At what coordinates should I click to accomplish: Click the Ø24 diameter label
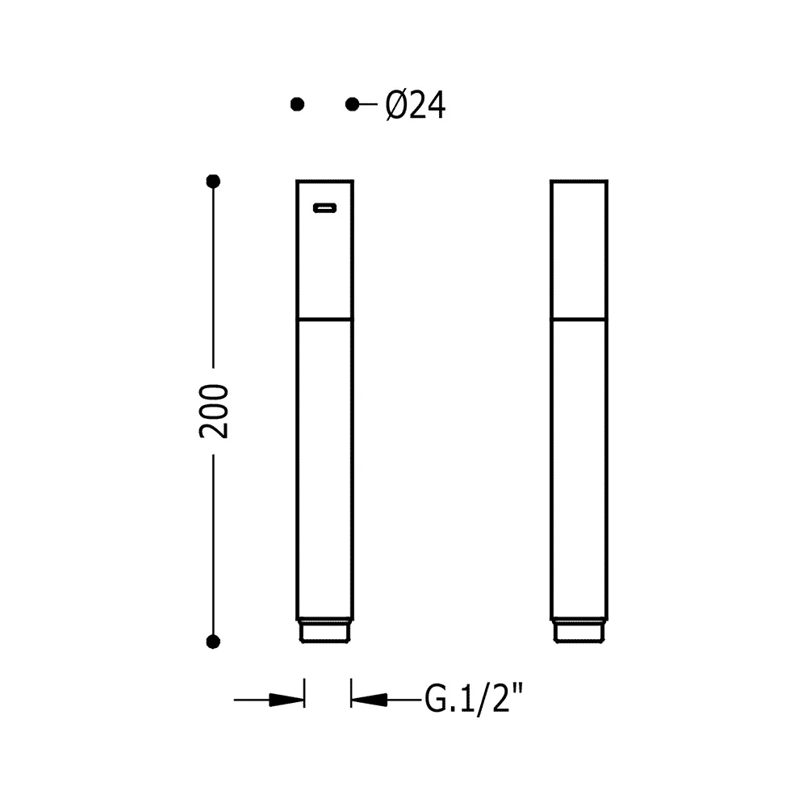coord(416,105)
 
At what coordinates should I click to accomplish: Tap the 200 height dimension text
coord(214,412)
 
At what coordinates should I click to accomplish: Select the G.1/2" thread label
coord(474,698)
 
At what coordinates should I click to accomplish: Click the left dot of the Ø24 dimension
coord(297,104)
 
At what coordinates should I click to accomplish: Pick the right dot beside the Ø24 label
coord(352,104)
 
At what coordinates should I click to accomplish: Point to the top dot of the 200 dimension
coord(213,181)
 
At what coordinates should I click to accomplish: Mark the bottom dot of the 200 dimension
coord(213,642)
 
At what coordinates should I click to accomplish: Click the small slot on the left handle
coord(324,208)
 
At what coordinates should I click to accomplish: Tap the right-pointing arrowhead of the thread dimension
coord(286,700)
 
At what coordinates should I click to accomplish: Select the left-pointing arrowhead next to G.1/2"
coord(369,700)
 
